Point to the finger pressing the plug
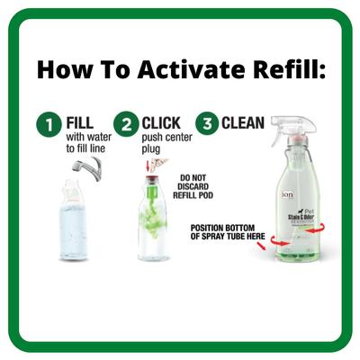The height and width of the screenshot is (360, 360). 160,166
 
